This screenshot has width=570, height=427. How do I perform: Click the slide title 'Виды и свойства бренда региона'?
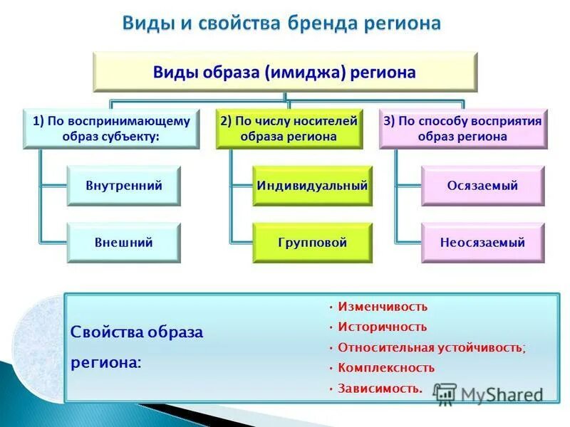pyautogui.click(x=282, y=23)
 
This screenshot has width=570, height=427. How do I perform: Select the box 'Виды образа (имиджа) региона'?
pyautogui.click(x=285, y=73)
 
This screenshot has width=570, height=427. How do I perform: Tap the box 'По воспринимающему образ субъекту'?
pyautogui.click(x=111, y=129)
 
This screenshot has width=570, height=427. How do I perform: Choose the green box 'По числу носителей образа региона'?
pyautogui.click(x=288, y=129)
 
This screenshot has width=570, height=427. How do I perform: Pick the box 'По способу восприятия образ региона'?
pyautogui.click(x=462, y=129)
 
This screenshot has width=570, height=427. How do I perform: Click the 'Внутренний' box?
pyautogui.click(x=124, y=186)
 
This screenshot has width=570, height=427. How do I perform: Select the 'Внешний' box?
pyautogui.click(x=124, y=243)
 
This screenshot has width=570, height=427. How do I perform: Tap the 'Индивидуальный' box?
pyautogui.click(x=312, y=186)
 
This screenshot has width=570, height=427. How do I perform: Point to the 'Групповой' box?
pyautogui.click(x=312, y=243)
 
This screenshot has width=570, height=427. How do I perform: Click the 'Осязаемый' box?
pyautogui.click(x=482, y=186)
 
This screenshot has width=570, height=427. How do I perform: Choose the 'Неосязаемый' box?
pyautogui.click(x=482, y=243)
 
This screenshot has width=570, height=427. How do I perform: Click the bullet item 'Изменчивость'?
pyautogui.click(x=383, y=307)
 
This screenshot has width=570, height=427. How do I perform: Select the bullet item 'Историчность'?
pyautogui.click(x=383, y=327)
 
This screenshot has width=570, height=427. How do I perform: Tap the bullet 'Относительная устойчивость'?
pyautogui.click(x=431, y=348)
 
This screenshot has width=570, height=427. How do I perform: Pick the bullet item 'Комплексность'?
pyautogui.click(x=386, y=368)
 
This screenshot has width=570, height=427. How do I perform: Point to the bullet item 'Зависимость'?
pyautogui.click(x=380, y=389)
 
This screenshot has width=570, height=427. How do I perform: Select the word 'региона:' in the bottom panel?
pyautogui.click(x=105, y=362)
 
